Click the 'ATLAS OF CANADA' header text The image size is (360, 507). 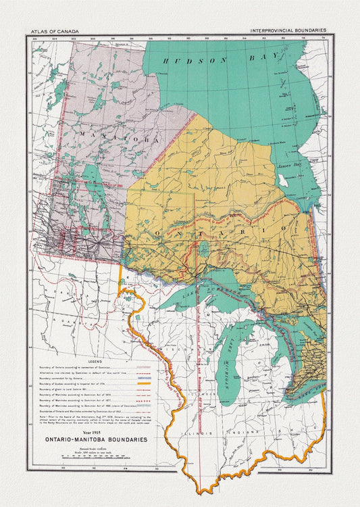(x=54, y=31)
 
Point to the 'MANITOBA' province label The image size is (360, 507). (x=119, y=138)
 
